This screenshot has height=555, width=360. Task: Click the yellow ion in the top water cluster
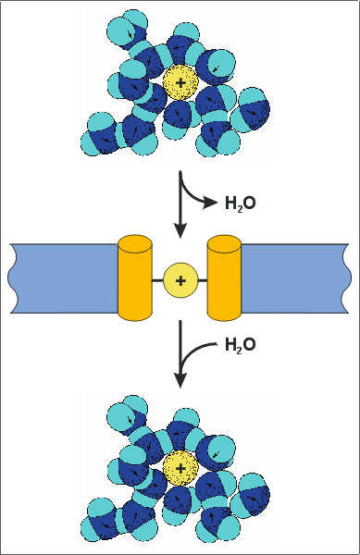(179, 83)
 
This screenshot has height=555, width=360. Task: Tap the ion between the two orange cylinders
(180, 278)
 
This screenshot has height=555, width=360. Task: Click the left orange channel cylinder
(135, 277)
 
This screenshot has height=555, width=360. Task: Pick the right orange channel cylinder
(225, 277)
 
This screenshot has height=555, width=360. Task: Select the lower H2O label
(241, 345)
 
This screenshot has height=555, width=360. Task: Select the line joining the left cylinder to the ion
(157, 278)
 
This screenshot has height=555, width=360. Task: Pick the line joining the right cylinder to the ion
(203, 278)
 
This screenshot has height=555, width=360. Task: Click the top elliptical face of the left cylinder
(135, 242)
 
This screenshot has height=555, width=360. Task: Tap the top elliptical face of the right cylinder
(225, 242)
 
